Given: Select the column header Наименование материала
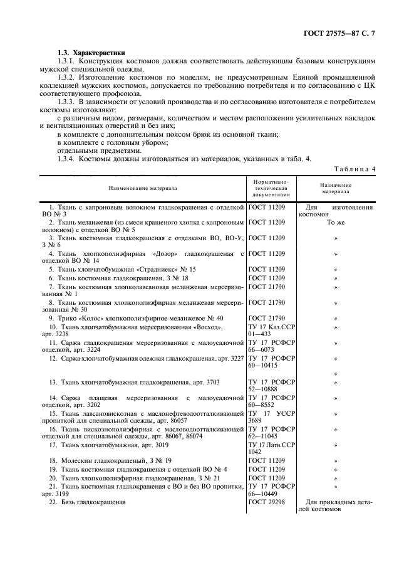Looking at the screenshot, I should coord(143,188).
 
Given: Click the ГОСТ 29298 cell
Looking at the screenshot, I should coord(267,502).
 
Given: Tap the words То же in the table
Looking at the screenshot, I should coord(336,223).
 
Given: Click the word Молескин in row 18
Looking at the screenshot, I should coord(80,460).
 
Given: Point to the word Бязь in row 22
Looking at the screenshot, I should coord(71,502).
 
